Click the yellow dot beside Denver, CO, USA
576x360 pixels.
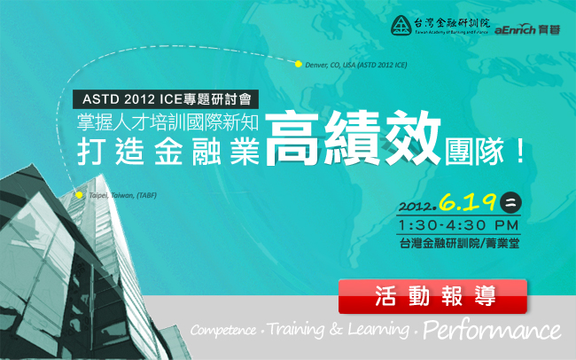(299, 65)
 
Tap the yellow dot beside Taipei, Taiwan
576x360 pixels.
(79, 195)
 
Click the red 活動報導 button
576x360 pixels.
(432, 296)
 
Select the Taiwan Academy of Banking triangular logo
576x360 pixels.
(401, 26)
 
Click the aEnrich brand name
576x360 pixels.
(515, 30)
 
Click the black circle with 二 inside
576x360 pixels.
(510, 203)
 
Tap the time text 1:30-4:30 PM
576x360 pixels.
(458, 224)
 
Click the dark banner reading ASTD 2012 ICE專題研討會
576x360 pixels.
(166, 99)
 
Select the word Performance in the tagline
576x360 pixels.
(492, 330)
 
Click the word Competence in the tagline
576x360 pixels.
(223, 330)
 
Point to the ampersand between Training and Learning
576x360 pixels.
(336, 329)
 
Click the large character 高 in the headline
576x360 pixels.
(292, 138)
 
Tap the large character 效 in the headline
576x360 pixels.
(413, 138)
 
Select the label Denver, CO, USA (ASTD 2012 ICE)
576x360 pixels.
(356, 65)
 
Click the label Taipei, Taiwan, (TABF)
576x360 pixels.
(122, 195)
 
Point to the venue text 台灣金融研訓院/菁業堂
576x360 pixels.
(459, 244)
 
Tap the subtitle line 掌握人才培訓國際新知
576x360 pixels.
(167, 122)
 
